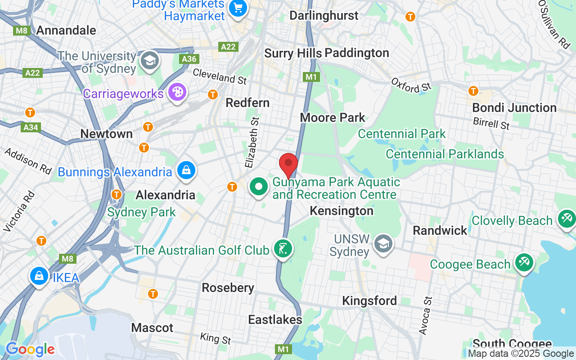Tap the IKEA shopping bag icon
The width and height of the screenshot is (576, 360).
(x=39, y=276)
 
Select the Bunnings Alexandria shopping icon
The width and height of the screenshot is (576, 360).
(x=185, y=171)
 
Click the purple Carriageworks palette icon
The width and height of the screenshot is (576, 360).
(x=177, y=93)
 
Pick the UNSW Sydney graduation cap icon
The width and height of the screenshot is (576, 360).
(x=383, y=244)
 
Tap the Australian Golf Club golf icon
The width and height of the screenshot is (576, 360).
(x=283, y=249)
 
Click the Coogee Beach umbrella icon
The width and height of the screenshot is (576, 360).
(x=524, y=263)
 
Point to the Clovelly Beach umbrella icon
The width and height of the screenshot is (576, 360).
(x=566, y=219)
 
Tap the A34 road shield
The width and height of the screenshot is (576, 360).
(x=31, y=127)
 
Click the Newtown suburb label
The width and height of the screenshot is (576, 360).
(x=107, y=134)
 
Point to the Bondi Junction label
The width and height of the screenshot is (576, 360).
(x=514, y=108)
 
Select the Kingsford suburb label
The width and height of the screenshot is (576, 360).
(x=369, y=301)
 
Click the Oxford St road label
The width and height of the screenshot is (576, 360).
(x=411, y=85)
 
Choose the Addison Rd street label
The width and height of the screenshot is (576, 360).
(x=28, y=160)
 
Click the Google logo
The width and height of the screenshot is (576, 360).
(x=30, y=349)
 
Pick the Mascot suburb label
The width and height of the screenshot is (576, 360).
(x=152, y=328)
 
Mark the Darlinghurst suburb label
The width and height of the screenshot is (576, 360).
(x=324, y=15)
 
